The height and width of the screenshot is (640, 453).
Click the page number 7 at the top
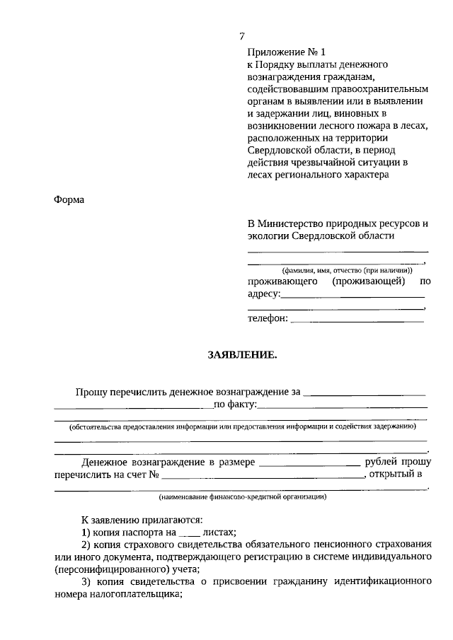point(242,37)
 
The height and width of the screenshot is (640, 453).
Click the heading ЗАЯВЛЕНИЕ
point(242,355)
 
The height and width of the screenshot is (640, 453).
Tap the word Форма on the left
point(69,200)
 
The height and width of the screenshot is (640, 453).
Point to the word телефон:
point(268,319)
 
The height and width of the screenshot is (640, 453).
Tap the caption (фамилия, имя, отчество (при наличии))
point(338,270)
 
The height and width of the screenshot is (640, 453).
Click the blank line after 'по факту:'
point(343,407)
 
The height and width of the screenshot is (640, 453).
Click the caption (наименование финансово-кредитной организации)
point(242,497)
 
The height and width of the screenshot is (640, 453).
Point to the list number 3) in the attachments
point(86,582)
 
